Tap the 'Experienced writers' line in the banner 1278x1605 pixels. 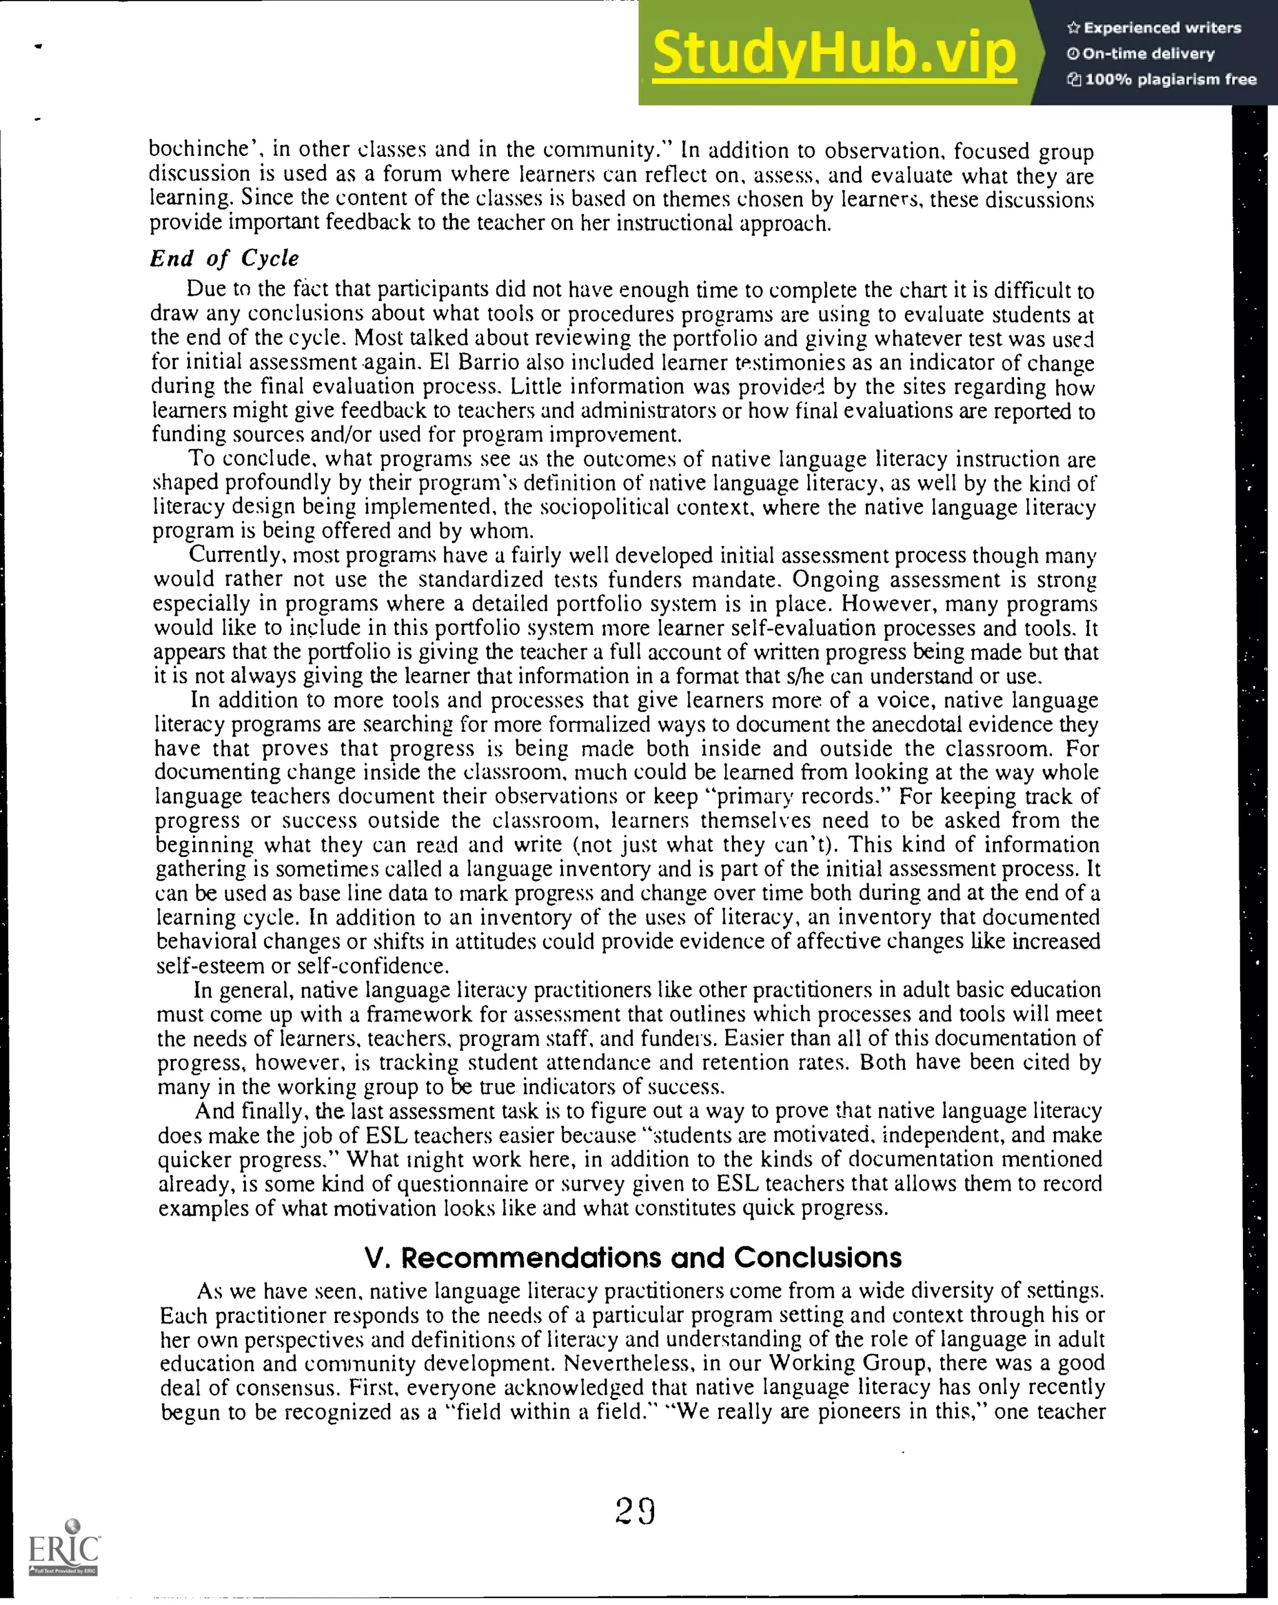pos(1154,28)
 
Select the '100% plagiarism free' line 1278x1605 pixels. pos(1161,80)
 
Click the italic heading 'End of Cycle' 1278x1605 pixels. pos(224,258)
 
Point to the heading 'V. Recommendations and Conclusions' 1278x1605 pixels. pos(632,1258)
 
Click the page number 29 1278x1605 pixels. pos(635,1511)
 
